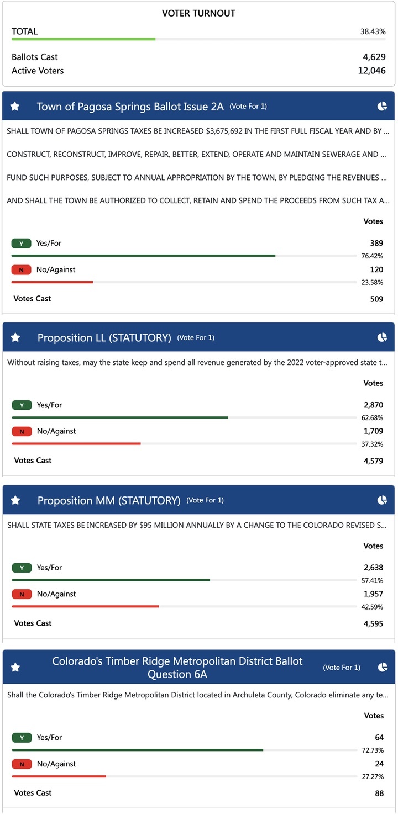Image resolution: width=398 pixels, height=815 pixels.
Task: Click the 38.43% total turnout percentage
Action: coord(373,32)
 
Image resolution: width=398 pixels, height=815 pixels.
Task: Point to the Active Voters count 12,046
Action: coord(371,71)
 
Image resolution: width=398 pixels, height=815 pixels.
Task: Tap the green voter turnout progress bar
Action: coord(83,39)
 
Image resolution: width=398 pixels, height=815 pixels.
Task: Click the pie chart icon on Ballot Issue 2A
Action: coord(382,106)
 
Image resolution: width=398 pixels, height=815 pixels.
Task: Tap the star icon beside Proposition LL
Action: coord(15,337)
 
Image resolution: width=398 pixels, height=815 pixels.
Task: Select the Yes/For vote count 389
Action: coord(376,243)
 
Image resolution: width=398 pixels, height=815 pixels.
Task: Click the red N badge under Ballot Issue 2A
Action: coord(21,270)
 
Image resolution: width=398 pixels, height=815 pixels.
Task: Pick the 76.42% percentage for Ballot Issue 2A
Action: coord(373,256)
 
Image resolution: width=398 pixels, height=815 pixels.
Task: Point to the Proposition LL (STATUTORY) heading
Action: coord(104,337)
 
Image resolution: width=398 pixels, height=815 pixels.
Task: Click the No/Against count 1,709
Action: coord(373,431)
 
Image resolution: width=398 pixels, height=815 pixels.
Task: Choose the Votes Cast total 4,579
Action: coord(373,461)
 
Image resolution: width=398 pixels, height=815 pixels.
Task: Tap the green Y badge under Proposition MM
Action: coord(22,568)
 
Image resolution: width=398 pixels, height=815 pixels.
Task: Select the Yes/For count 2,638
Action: coord(373,568)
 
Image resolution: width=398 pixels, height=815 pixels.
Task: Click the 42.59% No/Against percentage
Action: coord(373,607)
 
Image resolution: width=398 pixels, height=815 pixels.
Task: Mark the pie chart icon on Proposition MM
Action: coord(382,500)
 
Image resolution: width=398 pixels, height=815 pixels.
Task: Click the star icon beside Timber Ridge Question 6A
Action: coord(15,668)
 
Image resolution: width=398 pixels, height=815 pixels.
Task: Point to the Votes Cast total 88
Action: coord(379,793)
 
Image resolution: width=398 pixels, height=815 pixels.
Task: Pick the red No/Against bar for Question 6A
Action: coord(59,776)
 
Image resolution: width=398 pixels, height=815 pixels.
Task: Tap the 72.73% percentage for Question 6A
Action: coord(373,750)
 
